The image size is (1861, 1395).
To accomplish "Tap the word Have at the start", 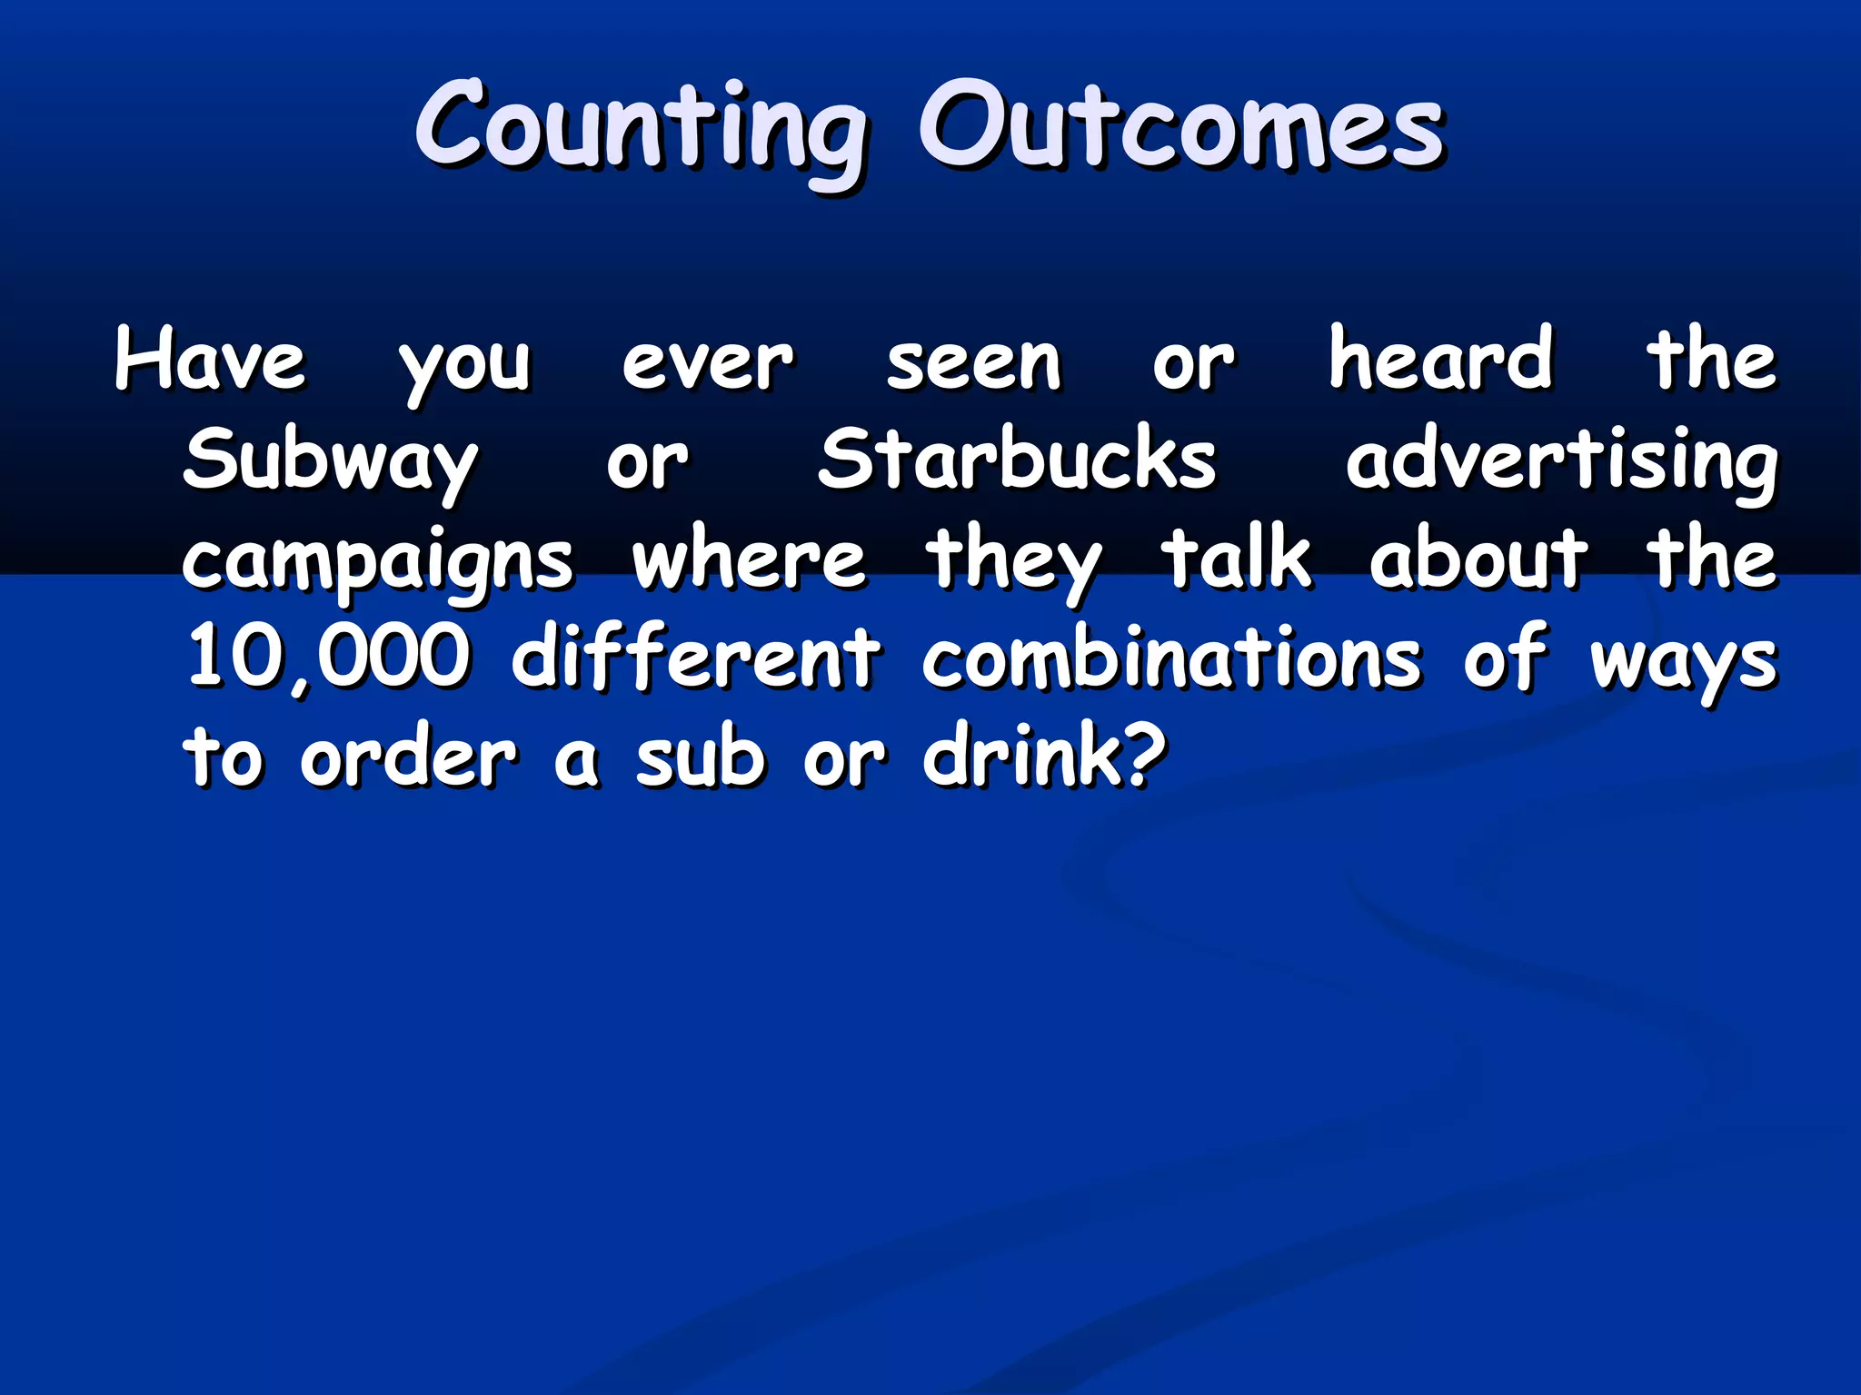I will (210, 361).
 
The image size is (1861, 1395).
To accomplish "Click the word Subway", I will (330, 461).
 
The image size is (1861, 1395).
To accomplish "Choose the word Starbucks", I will (1017, 460).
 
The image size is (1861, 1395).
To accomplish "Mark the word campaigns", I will (377, 561).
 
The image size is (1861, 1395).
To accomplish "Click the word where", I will (749, 559).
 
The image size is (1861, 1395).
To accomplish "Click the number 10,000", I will (328, 658).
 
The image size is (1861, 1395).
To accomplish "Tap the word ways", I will (1682, 661).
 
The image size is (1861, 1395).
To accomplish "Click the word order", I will (409, 757).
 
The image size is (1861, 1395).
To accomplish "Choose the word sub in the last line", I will (700, 757).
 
